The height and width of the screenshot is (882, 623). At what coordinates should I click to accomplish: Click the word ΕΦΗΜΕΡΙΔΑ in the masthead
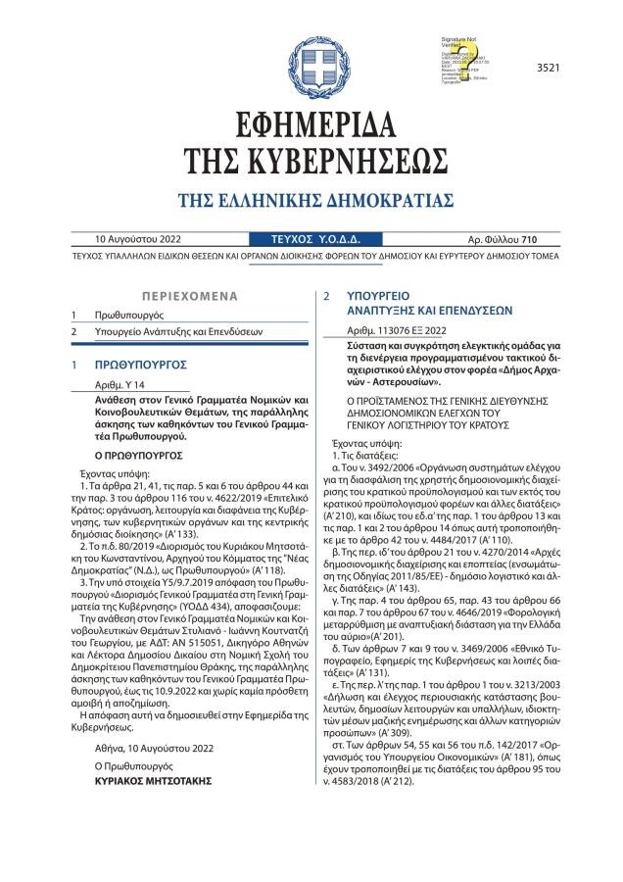point(311,124)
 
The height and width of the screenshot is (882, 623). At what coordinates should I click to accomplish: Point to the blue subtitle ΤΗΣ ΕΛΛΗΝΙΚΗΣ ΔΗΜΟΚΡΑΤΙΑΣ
point(311,201)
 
